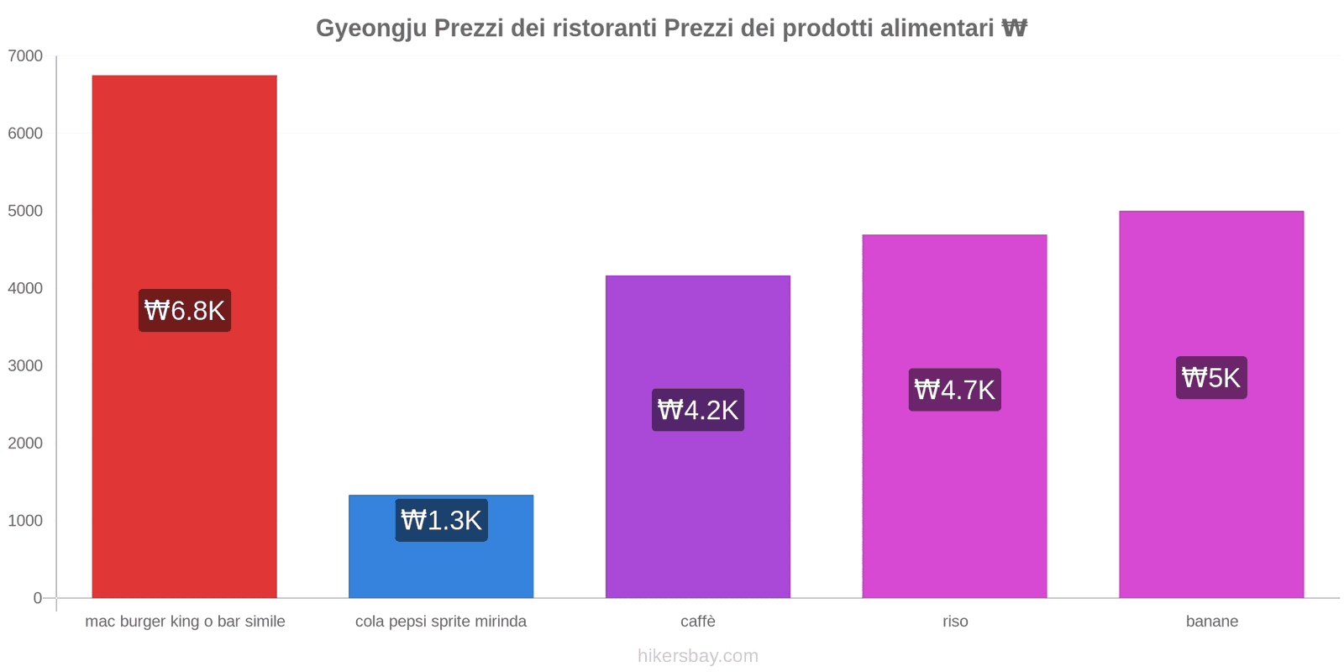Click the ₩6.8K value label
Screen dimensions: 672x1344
click(x=185, y=311)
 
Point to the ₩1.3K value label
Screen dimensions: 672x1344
click(x=441, y=520)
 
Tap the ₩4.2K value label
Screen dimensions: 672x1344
click(x=698, y=410)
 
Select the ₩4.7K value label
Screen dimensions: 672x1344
click(x=954, y=390)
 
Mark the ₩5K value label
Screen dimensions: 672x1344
click(x=1211, y=378)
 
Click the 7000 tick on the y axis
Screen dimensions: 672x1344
click(x=25, y=56)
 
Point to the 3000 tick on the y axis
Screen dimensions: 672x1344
click(x=25, y=365)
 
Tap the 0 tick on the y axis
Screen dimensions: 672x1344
click(x=37, y=598)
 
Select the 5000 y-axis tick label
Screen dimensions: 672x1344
click(x=25, y=211)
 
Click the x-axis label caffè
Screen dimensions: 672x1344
click(x=698, y=622)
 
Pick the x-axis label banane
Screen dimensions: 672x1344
click(x=1211, y=622)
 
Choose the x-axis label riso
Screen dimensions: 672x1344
click(x=955, y=622)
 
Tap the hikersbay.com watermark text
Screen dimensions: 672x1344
click(x=698, y=656)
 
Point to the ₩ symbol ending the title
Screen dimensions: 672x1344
click(x=1014, y=29)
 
